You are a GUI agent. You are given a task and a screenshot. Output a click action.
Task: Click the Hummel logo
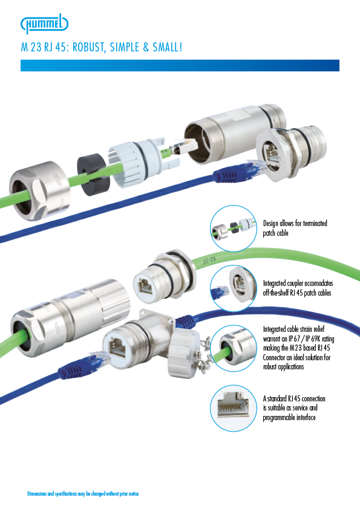pos(45,24)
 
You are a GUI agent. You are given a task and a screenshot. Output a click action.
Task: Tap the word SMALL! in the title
pos(168,47)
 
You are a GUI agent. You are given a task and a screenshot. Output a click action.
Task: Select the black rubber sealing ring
pos(93,173)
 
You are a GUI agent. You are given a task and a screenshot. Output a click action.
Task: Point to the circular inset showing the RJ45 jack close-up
pos(234,408)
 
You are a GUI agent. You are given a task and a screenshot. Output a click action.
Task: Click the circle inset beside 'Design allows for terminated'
pos(234,229)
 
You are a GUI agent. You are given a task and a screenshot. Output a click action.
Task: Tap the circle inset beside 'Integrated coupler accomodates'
pos(234,288)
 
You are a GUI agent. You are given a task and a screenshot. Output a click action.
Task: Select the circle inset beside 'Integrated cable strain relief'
pos(234,348)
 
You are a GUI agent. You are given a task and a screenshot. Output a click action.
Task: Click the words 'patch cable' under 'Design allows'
pos(275,233)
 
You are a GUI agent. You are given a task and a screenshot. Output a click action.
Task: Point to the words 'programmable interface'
pos(289,418)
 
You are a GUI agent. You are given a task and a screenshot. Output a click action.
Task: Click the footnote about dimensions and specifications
pos(83,494)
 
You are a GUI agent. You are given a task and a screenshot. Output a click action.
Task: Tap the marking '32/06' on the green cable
pos(209,261)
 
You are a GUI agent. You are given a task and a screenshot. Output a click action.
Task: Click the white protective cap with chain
pos(183,354)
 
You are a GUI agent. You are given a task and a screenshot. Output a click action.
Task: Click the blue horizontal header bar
pos(180,65)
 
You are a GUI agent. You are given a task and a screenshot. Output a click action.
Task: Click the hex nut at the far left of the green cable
pos(40,190)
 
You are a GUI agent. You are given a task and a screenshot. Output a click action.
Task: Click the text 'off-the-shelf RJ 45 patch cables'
pos(297,293)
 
